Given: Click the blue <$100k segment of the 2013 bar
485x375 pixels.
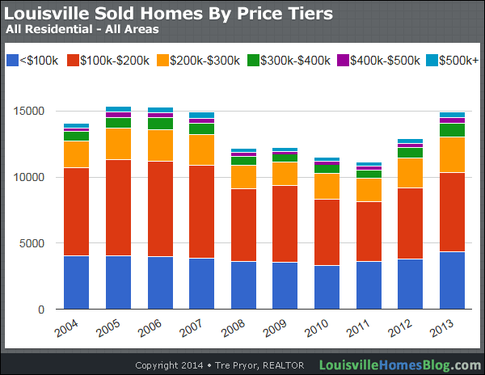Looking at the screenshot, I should (452, 280).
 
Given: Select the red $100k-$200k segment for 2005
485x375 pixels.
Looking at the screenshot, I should (118, 208).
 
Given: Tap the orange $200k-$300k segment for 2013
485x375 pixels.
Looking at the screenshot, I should (452, 154).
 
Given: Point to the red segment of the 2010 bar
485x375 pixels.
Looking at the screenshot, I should (327, 232).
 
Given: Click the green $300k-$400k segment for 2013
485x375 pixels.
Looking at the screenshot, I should (452, 130).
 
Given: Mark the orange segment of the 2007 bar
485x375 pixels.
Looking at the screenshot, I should (201, 150).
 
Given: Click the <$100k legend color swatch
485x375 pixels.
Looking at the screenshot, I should (12, 61).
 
